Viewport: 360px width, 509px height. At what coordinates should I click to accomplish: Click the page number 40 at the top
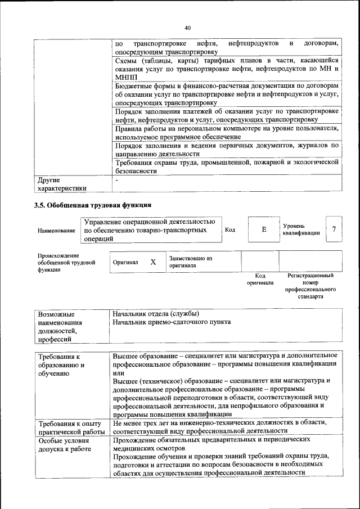[188, 28]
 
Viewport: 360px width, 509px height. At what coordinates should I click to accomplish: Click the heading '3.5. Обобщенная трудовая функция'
[93, 205]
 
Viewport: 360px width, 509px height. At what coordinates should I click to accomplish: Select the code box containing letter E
[263, 229]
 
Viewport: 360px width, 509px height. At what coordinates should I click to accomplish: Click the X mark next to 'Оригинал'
[153, 262]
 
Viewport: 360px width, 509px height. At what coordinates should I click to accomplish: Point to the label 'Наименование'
[56, 231]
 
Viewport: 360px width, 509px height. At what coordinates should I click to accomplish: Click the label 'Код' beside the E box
[230, 229]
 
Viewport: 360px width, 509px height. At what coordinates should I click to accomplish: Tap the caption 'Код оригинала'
[260, 279]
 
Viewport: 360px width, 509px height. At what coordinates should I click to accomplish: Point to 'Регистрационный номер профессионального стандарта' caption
[310, 286]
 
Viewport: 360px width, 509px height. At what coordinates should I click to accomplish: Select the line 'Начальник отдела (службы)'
[156, 314]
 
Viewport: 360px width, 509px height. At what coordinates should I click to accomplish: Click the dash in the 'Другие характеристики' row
[116, 181]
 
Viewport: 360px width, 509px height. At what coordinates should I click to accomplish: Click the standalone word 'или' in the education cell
[118, 372]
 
